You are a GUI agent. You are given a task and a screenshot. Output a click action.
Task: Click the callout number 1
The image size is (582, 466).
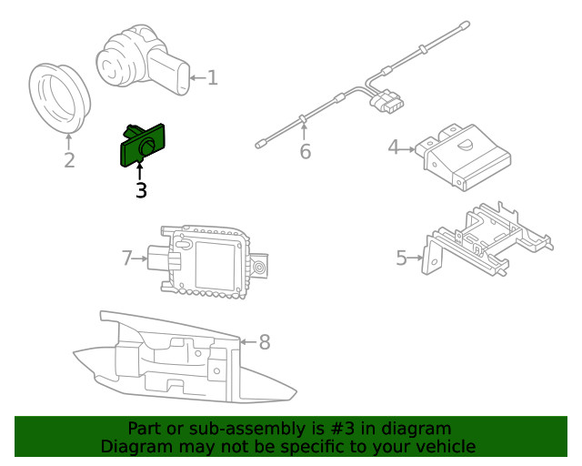(x=213, y=78)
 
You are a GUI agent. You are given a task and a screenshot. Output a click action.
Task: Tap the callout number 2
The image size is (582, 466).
(x=69, y=162)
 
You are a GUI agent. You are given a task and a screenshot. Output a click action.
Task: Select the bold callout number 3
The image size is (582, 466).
(x=140, y=190)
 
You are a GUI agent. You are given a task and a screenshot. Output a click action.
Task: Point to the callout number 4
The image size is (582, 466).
(x=394, y=147)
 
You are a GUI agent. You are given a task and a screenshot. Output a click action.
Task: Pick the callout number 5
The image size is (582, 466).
(x=402, y=258)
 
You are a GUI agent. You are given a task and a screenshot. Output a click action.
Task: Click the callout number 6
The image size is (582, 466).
(x=305, y=152)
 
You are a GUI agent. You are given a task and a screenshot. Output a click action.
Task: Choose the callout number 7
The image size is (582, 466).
(x=127, y=258)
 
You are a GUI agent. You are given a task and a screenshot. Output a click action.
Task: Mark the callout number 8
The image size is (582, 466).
(x=265, y=342)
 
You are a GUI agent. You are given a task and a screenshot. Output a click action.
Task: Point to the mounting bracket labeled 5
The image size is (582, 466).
(x=487, y=241)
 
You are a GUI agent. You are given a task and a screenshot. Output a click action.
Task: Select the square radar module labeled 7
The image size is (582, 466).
(x=209, y=260)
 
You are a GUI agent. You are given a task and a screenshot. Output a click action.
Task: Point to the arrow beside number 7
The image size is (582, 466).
(x=141, y=258)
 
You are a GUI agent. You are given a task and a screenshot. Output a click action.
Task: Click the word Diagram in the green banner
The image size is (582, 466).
(x=133, y=446)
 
